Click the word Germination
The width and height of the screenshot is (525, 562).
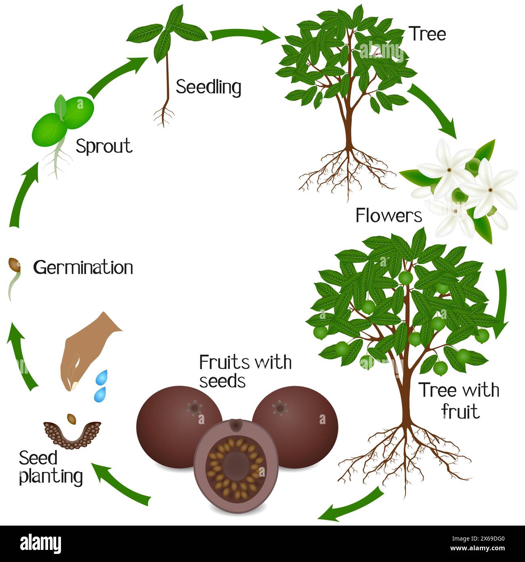point(83,267)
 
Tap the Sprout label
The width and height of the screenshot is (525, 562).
point(104,146)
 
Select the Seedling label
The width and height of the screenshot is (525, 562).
point(209,87)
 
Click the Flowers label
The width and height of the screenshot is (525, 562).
point(389,216)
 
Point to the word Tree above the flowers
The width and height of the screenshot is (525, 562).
point(428,34)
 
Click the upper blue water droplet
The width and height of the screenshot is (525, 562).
point(102,377)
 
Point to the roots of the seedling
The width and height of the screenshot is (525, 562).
point(164,116)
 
